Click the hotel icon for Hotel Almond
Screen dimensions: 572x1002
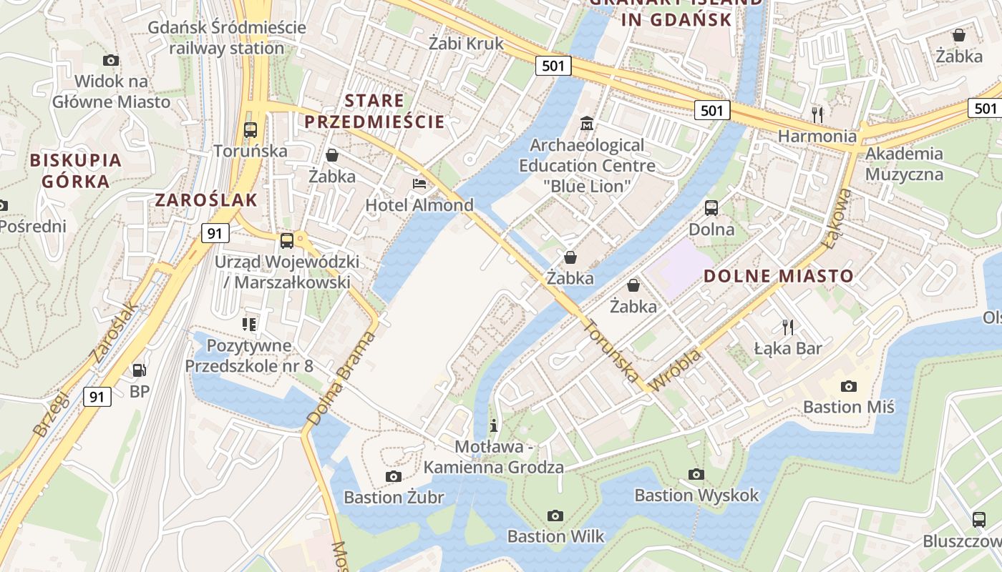[419, 184]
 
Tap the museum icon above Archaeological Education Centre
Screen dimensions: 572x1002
[587, 124]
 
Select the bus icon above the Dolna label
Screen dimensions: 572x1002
[711, 208]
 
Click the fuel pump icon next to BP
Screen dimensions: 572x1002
[140, 370]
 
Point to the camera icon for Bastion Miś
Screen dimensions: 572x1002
[848, 386]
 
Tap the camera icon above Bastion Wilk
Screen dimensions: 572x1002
[555, 516]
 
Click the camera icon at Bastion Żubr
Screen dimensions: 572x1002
[393, 476]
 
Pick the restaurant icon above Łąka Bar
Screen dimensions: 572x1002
[788, 327]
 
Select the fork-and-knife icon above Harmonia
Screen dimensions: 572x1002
[817, 114]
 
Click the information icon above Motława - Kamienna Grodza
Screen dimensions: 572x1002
[493, 425]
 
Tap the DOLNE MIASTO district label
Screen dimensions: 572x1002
[779, 276]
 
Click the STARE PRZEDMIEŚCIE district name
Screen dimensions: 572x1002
[375, 111]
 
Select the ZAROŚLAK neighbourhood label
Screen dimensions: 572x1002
[206, 200]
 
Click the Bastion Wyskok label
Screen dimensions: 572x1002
[696, 495]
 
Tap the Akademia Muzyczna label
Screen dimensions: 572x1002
[904, 164]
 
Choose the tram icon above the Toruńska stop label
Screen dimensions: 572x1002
[250, 130]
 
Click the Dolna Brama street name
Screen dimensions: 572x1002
[341, 379]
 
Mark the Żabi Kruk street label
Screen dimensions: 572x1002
[466, 43]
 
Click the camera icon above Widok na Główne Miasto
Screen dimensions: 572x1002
[111, 60]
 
